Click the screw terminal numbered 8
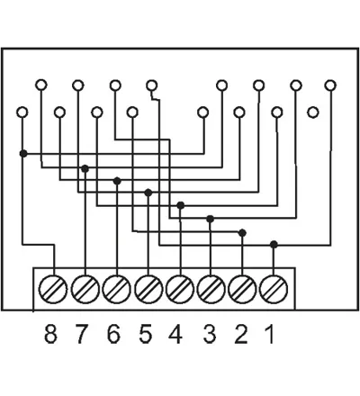pos(53,290)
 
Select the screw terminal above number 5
pos(148,290)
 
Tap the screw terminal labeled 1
pos(274,290)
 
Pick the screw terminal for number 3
pos(211,290)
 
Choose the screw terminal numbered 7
pos(85,290)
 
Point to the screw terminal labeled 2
pos(242,290)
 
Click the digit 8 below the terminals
pos(50,334)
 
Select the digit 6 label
pos(113,334)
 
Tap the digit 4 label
pos(175,334)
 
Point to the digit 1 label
pos(270,334)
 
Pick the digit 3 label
pos(210,334)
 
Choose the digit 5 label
pos(146,334)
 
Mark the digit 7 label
pos(82,334)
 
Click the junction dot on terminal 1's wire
pos(274,245)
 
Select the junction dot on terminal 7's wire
pos(85,168)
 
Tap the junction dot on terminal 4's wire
pos(180,205)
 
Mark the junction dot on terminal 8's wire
pos(23,154)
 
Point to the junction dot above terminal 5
pos(148,193)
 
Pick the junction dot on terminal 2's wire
pos(242,233)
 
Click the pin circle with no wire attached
pos(313,112)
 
